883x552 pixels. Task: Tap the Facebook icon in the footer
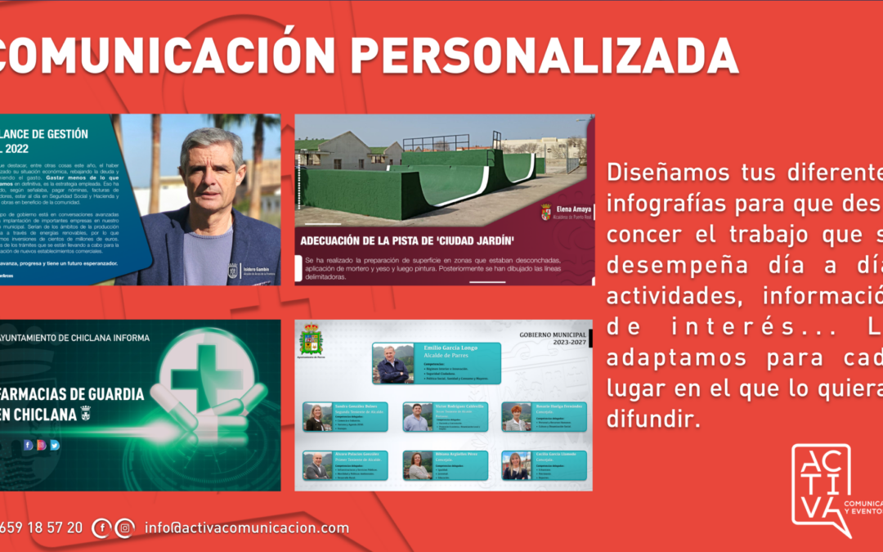101,528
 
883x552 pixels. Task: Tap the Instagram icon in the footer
124,528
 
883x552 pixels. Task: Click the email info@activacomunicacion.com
247,528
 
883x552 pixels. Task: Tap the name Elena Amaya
571,209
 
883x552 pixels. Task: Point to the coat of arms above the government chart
312,339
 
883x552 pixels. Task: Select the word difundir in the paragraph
653,420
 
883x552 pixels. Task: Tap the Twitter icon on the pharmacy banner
55,445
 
